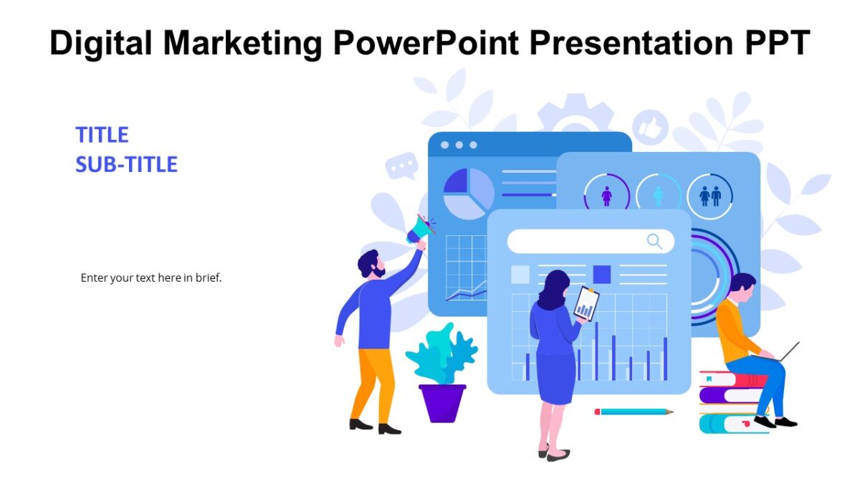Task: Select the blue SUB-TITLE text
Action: click(126, 165)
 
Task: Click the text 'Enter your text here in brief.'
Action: click(151, 277)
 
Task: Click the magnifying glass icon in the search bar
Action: click(654, 241)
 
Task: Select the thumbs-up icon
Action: click(650, 128)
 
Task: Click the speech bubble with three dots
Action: click(401, 167)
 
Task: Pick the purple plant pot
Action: click(442, 402)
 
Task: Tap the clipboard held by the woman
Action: click(586, 303)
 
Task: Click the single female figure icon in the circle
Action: click(607, 196)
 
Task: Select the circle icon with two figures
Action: click(709, 196)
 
